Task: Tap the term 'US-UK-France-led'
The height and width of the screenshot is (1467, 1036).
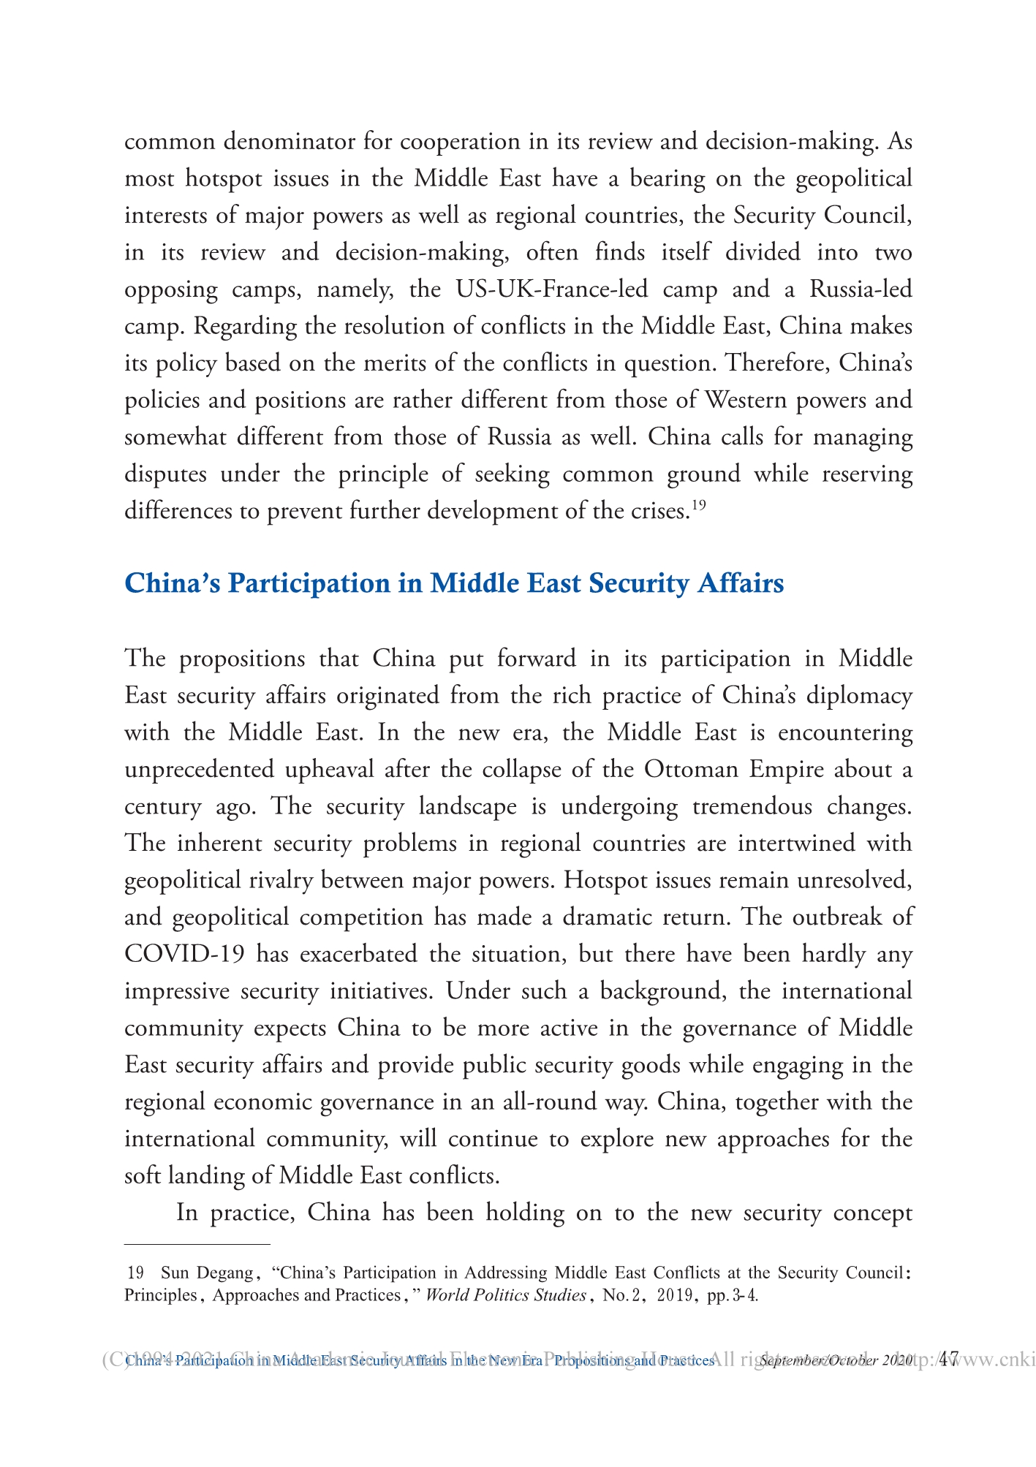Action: [551, 289]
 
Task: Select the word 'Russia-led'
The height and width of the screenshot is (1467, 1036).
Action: [861, 289]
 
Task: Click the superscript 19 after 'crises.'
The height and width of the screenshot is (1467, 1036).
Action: [698, 504]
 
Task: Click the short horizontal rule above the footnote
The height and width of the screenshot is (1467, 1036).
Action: [197, 1243]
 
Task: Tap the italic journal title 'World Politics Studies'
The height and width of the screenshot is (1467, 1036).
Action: [505, 1295]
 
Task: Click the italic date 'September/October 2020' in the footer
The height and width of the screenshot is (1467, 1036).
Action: [836, 1361]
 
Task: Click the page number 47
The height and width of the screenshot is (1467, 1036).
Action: [948, 1360]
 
